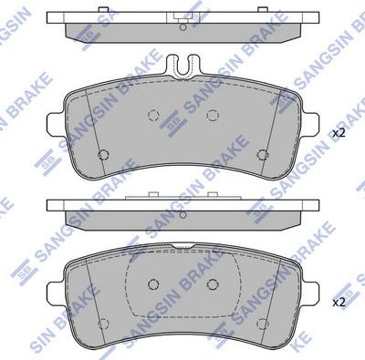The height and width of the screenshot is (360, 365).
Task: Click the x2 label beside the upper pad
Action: [x=339, y=133]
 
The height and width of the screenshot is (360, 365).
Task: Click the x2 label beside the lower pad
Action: [x=339, y=301]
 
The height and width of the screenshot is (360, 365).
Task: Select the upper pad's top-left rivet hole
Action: [x=153, y=116]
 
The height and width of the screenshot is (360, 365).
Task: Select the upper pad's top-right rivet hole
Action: [x=212, y=115]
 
